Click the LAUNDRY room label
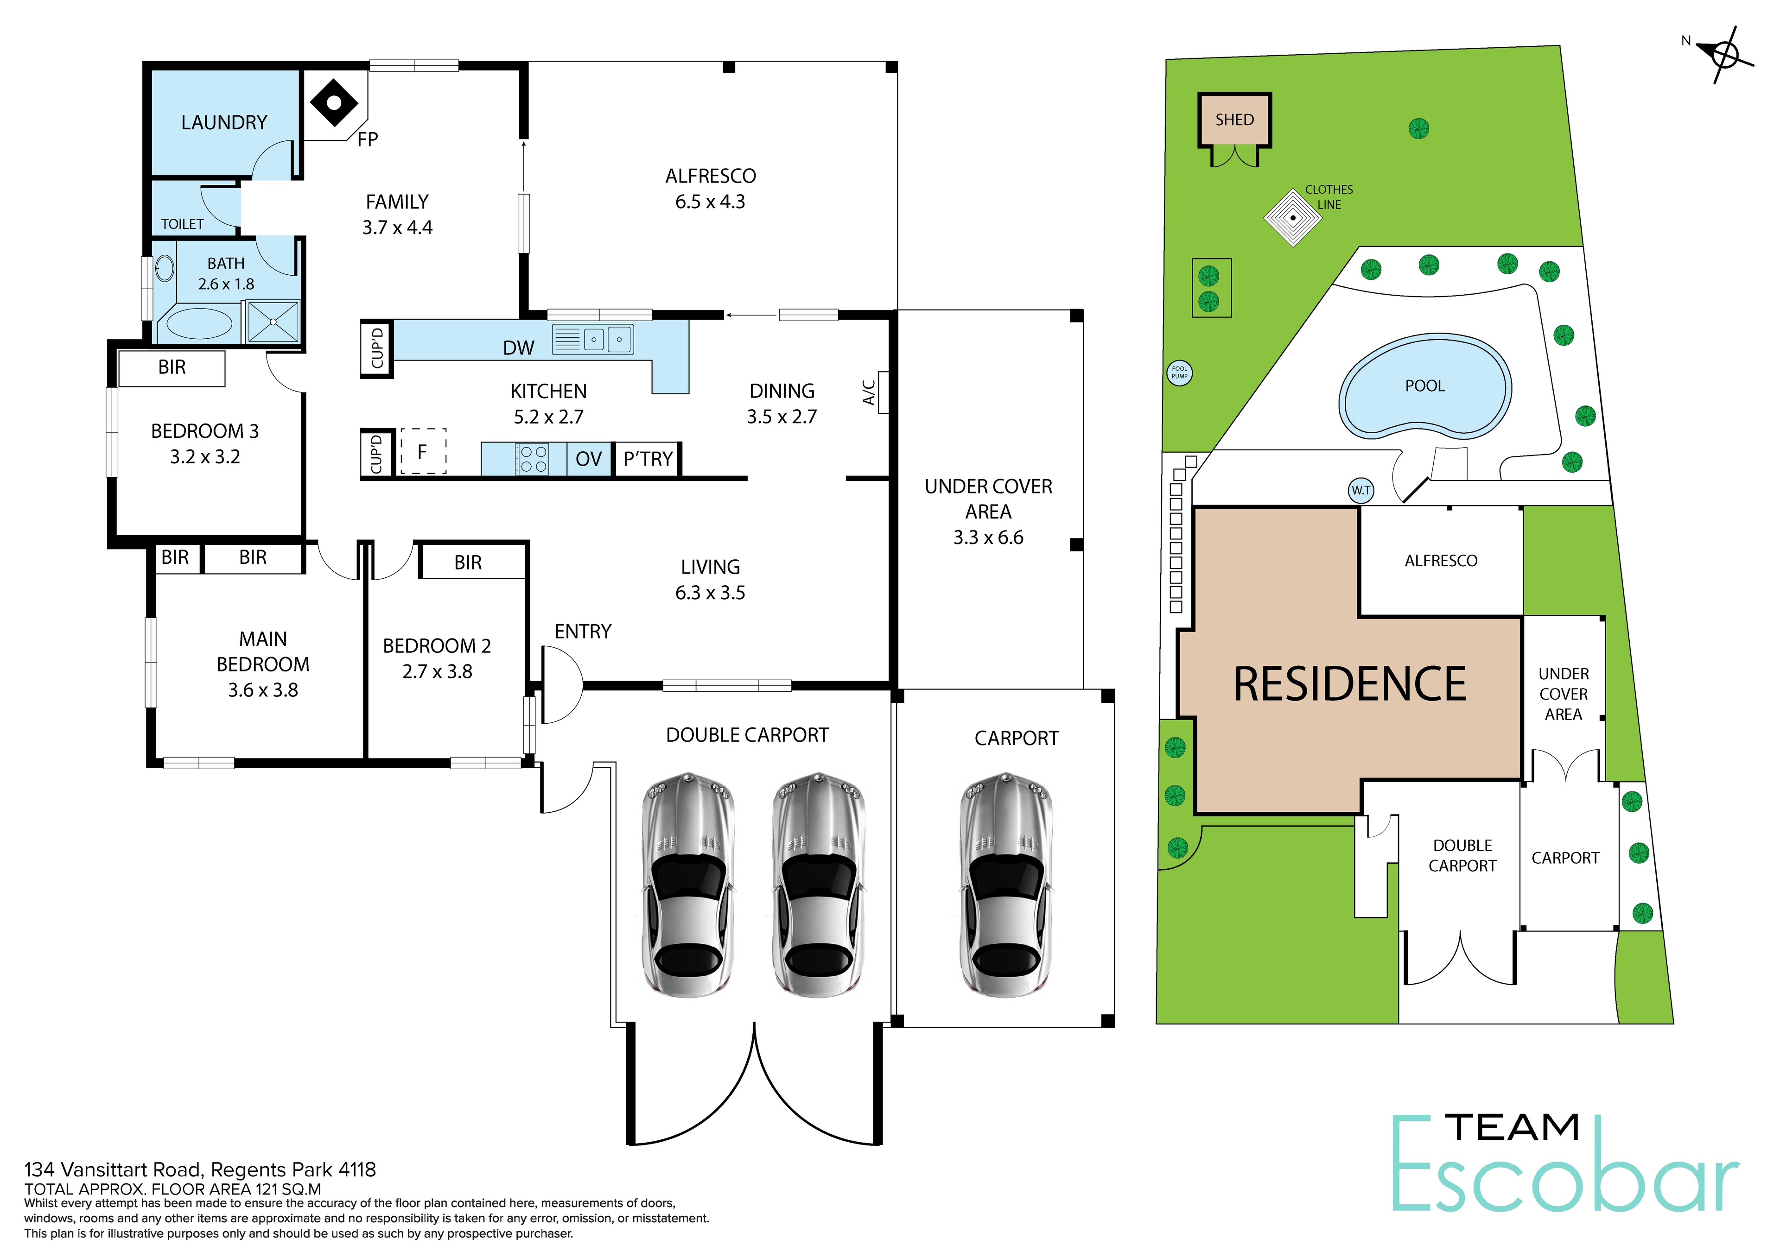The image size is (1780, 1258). [x=224, y=122]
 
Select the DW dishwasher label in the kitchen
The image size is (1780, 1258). [x=519, y=348]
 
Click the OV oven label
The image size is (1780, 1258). [x=588, y=459]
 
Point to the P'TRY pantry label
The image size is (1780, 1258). [x=648, y=459]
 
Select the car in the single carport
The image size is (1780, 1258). [x=1006, y=885]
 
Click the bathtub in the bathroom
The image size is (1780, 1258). [x=199, y=324]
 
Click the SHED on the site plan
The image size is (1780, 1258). [x=1234, y=120]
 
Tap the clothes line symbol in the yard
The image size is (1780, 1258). [x=1292, y=218]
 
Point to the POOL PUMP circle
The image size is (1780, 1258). [x=1179, y=373]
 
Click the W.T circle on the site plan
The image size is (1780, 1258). [x=1360, y=490]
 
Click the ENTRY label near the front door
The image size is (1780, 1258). [x=583, y=632]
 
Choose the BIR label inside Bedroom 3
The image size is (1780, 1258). [x=172, y=367]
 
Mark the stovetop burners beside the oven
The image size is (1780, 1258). [x=534, y=459]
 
